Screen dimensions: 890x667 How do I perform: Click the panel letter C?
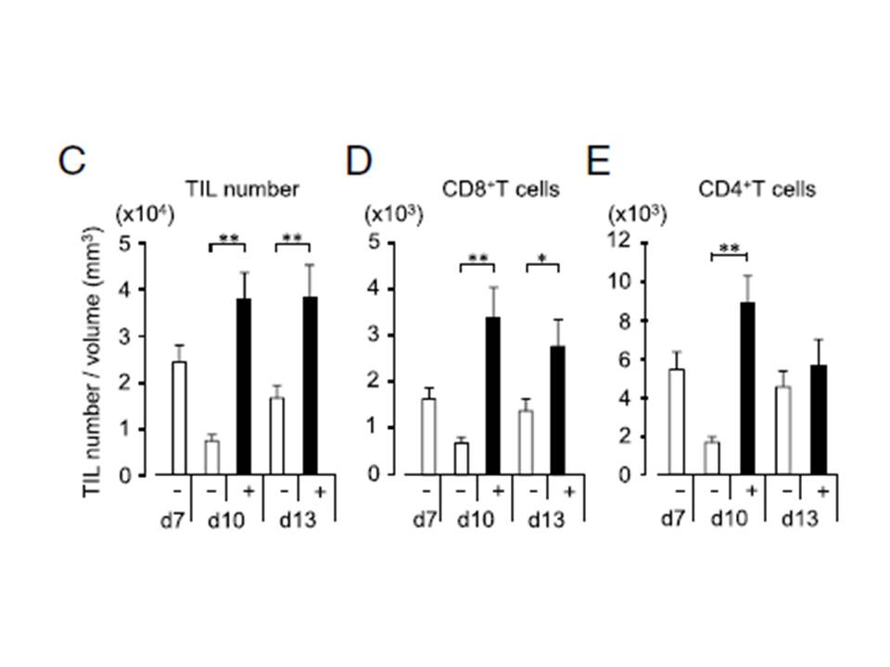72,161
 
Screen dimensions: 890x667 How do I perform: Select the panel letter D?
360,161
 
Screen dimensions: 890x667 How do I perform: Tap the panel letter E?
598,161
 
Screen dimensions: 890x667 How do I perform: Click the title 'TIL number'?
242,189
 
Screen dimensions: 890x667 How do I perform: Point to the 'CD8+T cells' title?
501,189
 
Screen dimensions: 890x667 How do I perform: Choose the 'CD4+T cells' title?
756,189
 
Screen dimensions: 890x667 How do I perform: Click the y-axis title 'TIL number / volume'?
94,362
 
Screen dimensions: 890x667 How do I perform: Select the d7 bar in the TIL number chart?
179,418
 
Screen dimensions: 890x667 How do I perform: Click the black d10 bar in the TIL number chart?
244,386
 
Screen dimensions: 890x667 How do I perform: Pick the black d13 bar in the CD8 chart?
558,410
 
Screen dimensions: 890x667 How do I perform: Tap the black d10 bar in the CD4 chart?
747,388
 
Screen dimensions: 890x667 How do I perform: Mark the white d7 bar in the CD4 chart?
677,422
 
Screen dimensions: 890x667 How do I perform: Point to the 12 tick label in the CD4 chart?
619,241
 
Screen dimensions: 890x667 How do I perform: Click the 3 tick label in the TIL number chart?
125,336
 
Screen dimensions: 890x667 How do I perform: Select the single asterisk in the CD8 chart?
542,259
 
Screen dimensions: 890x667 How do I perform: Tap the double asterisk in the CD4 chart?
730,248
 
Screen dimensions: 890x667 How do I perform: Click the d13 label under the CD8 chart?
547,519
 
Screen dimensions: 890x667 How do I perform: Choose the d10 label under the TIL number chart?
226,520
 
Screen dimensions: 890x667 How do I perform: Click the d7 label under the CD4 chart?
674,519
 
